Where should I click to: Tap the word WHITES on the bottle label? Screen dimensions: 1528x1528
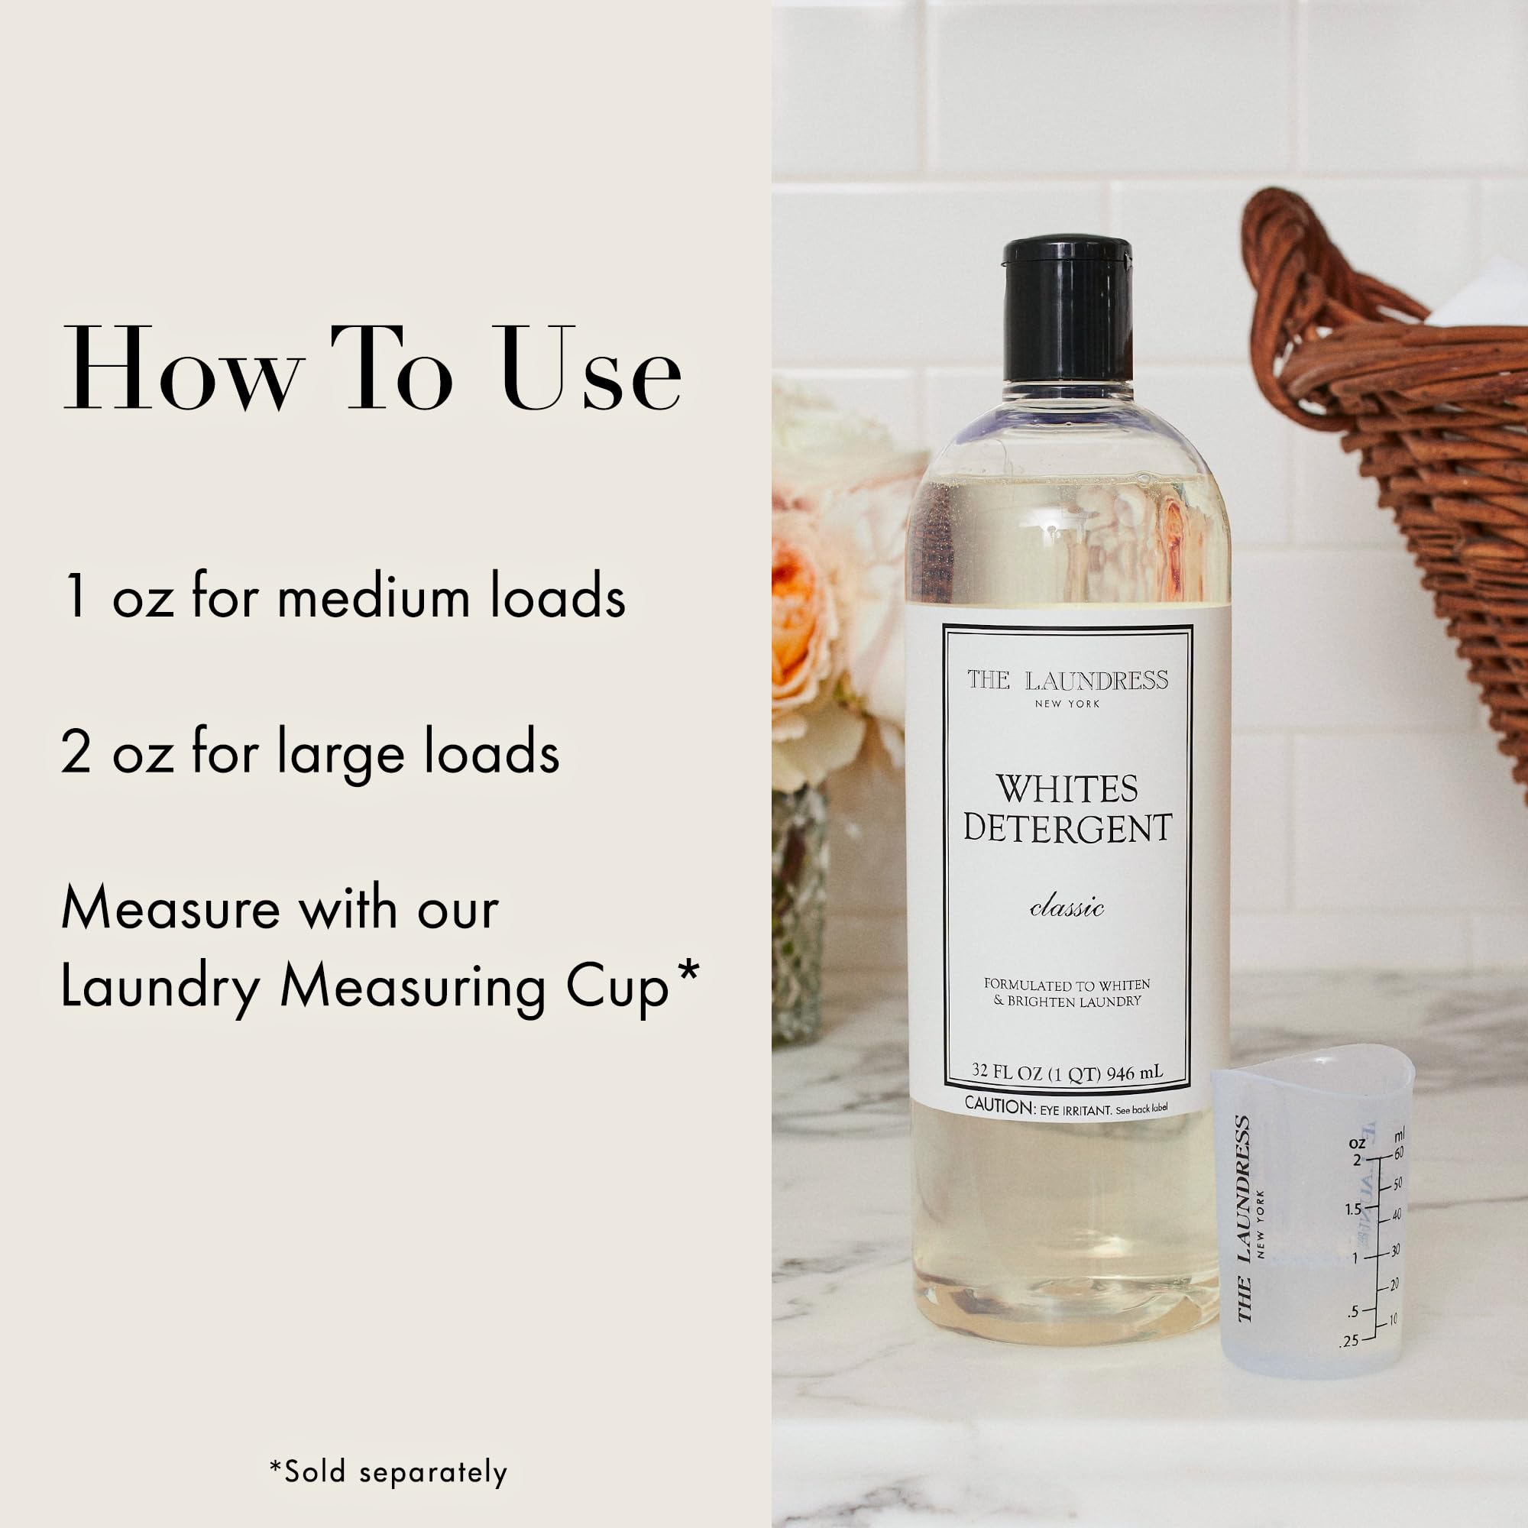point(1066,789)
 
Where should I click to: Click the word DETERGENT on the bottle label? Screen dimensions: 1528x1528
point(1067,828)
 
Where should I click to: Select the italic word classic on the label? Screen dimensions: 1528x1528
point(1067,908)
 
